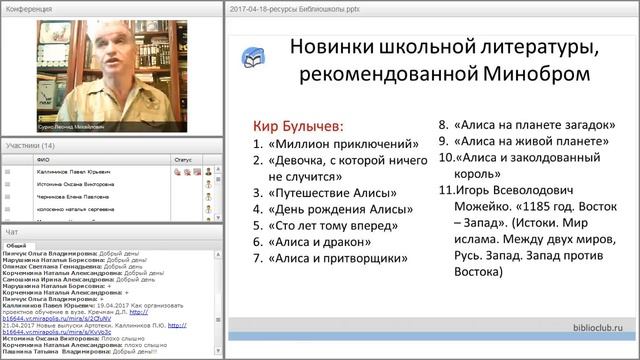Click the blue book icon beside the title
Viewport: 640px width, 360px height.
coord(254,57)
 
